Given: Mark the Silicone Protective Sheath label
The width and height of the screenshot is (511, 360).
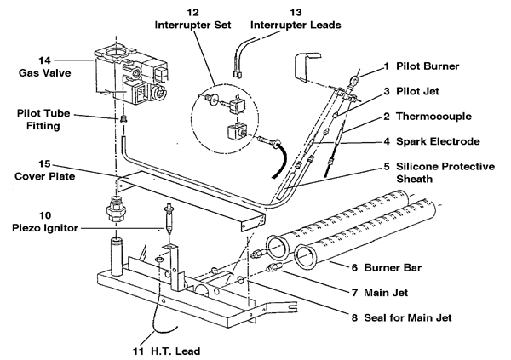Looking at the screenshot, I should point(441,173).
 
